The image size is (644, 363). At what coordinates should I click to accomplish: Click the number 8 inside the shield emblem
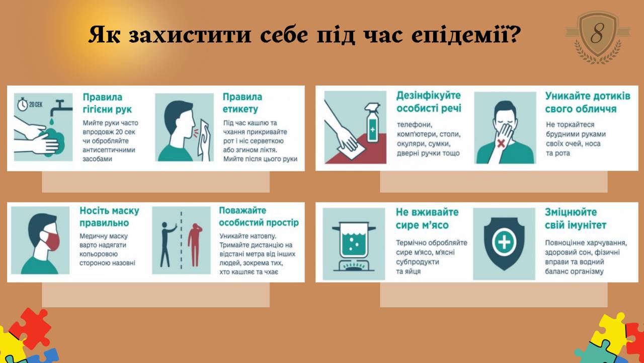pos(597,33)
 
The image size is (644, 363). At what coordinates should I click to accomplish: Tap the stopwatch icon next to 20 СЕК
pos(23,104)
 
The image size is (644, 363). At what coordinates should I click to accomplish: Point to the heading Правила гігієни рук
pos(107,103)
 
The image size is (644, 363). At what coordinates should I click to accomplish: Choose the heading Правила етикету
pos(243,103)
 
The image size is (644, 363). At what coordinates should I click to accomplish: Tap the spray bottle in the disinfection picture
pos(373,123)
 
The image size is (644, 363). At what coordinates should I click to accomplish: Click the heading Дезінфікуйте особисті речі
pos(429,102)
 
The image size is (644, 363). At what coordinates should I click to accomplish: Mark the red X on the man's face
pos(501,143)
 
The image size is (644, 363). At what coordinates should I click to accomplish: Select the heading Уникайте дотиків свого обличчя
pos(588,102)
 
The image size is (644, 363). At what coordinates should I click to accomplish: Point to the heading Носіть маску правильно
pos(109,216)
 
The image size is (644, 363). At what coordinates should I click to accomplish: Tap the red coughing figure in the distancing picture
pos(195,245)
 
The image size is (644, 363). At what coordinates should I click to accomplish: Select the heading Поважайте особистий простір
pos(259,216)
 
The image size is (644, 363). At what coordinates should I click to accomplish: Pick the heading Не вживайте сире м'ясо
pos(427,219)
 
